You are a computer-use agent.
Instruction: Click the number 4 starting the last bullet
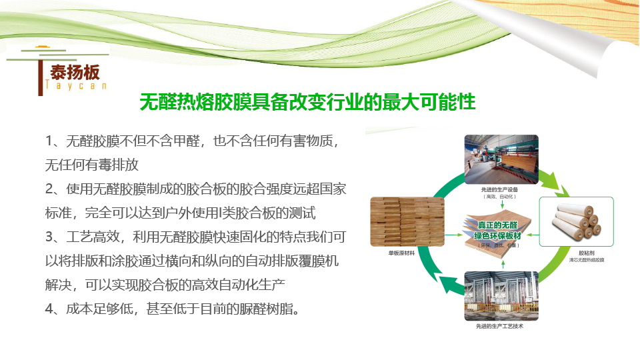coord(49,310)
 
